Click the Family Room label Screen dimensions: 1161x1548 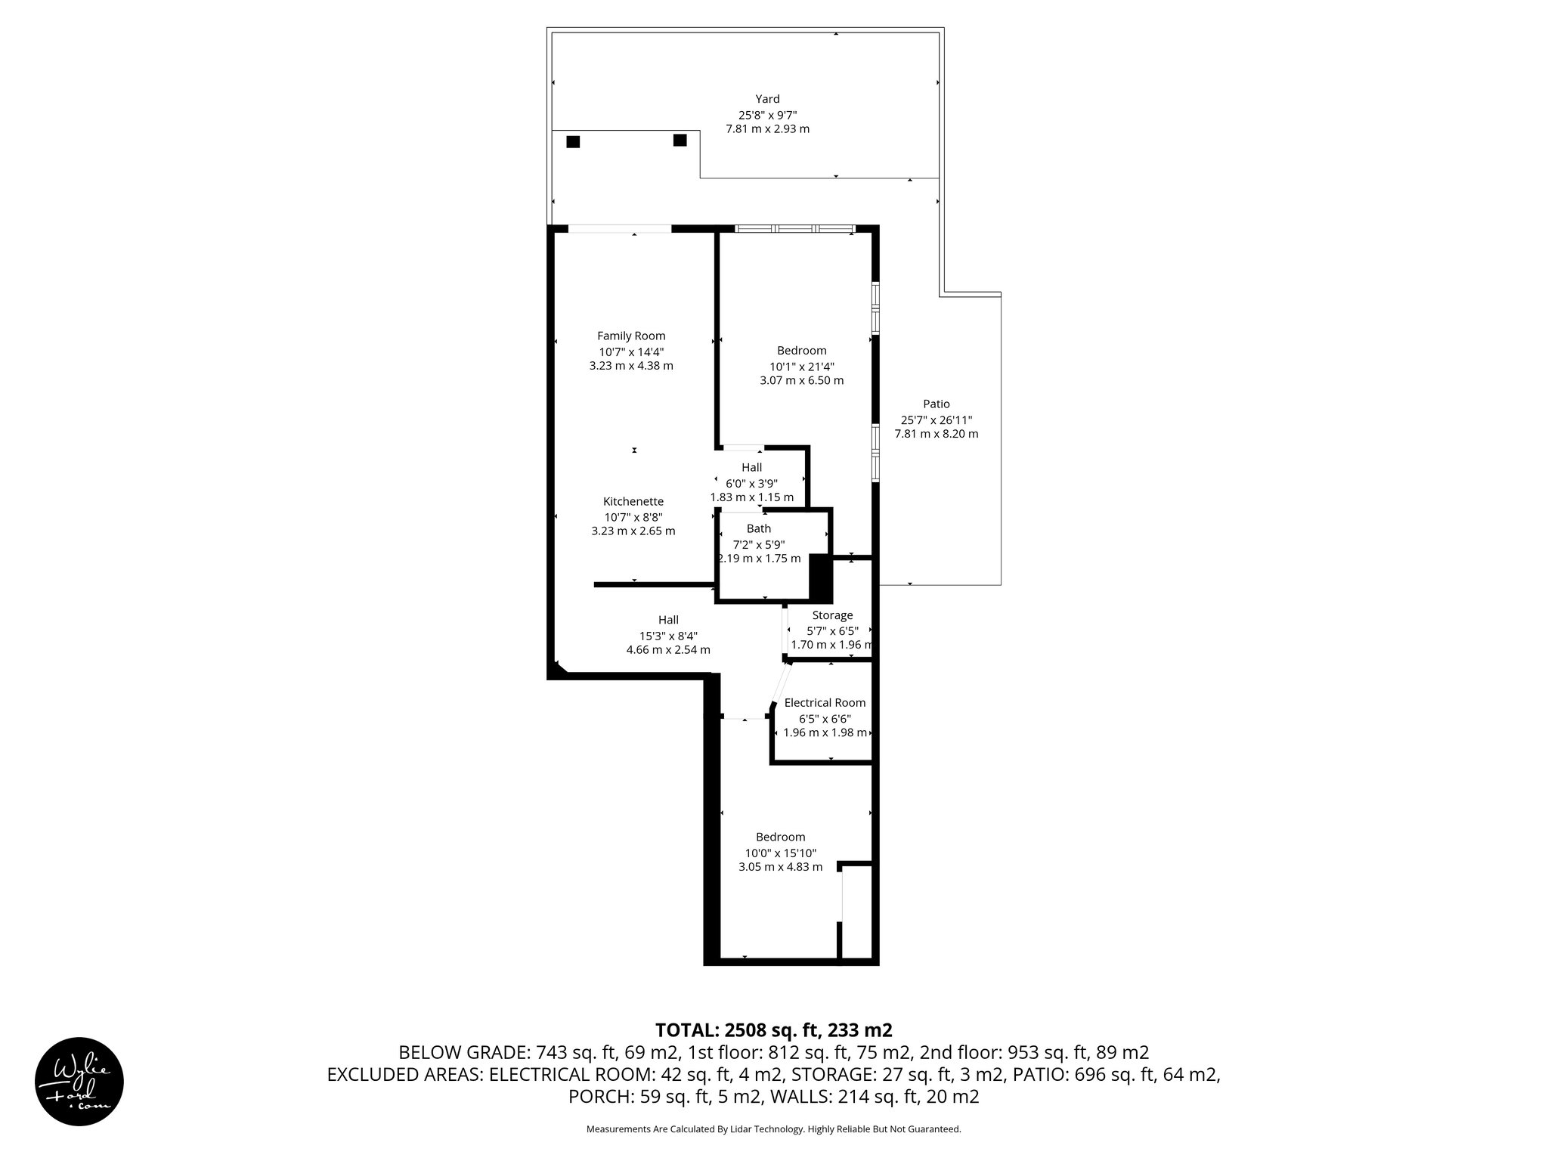(x=631, y=336)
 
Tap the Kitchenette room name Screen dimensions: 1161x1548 (x=633, y=501)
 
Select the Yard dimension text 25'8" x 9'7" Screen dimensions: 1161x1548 (x=767, y=115)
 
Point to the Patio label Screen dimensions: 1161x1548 (x=936, y=404)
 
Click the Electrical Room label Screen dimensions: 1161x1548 (x=825, y=702)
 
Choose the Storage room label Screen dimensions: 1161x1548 (x=832, y=615)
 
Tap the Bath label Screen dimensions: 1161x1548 (x=759, y=528)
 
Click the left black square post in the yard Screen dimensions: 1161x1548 (x=573, y=141)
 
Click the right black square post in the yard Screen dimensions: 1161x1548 (x=680, y=140)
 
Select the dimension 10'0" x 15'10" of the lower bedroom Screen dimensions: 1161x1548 (x=780, y=853)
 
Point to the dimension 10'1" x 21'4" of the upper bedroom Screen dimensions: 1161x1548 (x=801, y=366)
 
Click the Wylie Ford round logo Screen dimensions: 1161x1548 (x=79, y=1081)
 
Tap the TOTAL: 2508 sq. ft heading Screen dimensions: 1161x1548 (x=773, y=1030)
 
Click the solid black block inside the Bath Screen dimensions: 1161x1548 (x=820, y=578)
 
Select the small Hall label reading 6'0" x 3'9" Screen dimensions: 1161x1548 (x=751, y=483)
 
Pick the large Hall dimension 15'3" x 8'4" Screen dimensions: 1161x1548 (x=668, y=636)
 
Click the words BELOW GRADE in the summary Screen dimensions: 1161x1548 (x=463, y=1052)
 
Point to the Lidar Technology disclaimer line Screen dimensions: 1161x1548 (x=773, y=1129)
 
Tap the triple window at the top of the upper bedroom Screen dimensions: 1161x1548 (x=794, y=228)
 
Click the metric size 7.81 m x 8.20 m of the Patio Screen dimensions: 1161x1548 (x=936, y=434)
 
